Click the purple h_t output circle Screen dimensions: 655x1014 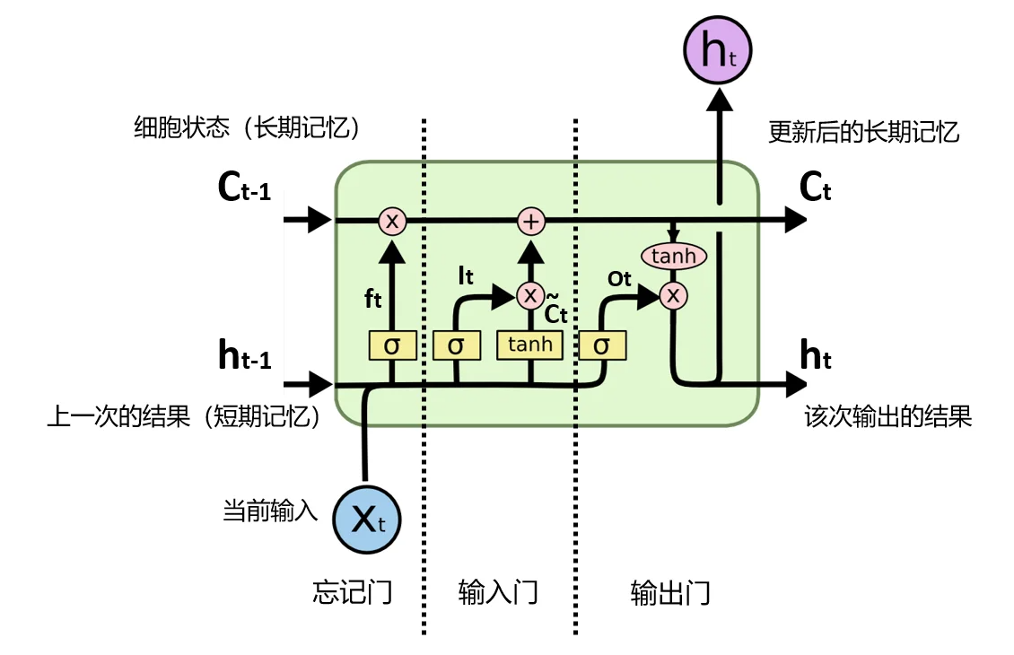point(717,50)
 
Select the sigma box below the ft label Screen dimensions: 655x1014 point(392,345)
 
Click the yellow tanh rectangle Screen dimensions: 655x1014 point(530,345)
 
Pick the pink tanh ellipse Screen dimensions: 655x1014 point(673,257)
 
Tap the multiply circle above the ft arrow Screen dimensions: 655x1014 point(392,221)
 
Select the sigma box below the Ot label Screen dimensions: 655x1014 point(602,345)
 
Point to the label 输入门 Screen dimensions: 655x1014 point(498,592)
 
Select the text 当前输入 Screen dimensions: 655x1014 point(270,512)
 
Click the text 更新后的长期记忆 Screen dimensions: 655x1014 point(864,133)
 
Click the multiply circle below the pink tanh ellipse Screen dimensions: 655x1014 point(673,295)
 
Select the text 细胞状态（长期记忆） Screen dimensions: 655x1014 point(247,128)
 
